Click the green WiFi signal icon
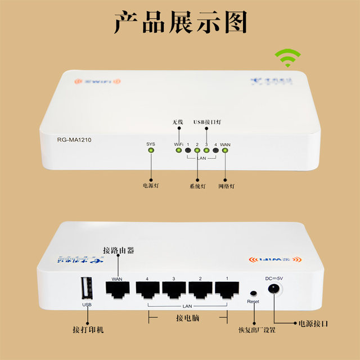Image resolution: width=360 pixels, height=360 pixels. coord(287,58)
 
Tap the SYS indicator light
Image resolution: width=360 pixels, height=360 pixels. coord(151,151)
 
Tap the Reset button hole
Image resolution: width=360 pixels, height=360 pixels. coord(253,294)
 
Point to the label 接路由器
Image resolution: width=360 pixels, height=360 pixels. coord(118,250)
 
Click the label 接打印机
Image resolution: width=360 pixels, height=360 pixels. coord(88,329)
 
